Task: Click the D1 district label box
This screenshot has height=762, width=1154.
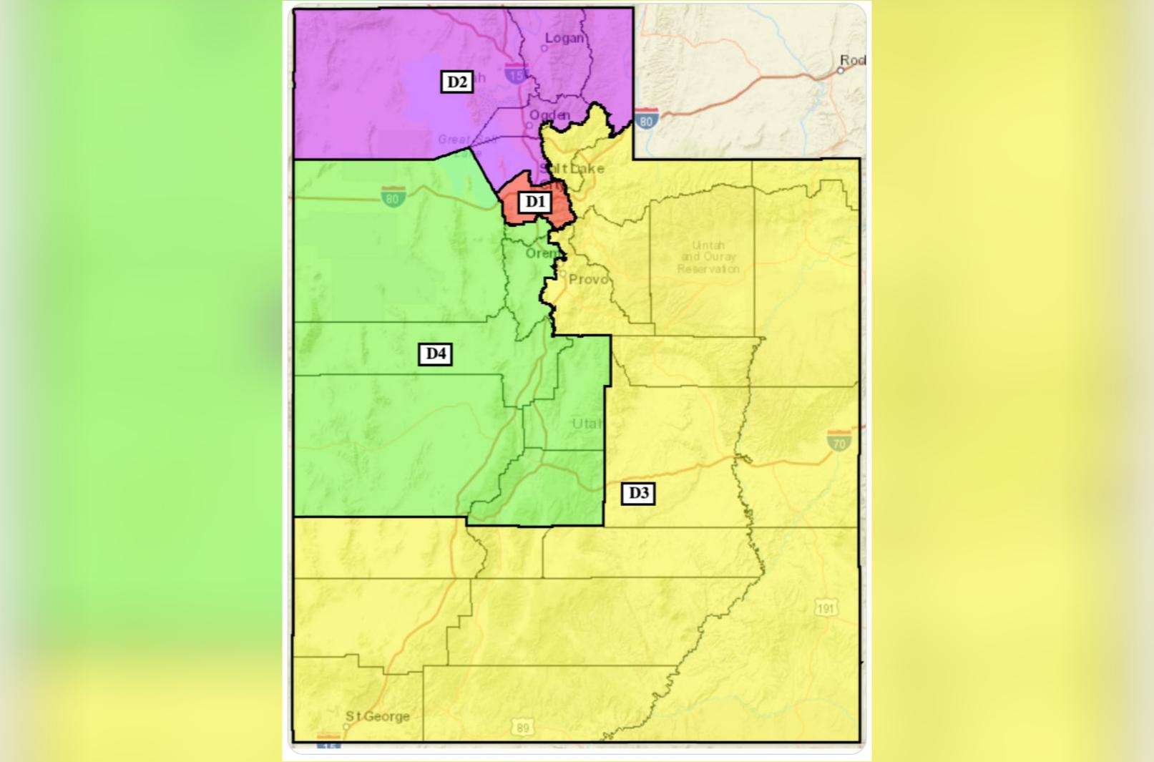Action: [x=535, y=202]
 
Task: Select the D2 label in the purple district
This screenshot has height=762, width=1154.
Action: [x=456, y=82]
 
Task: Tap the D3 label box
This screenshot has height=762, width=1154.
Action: [x=637, y=493]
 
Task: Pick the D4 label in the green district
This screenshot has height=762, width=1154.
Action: [x=435, y=353]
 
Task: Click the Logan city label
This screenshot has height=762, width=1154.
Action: [x=565, y=38]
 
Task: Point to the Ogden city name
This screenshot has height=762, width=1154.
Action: [x=549, y=115]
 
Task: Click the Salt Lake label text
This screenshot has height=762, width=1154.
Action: [x=572, y=168]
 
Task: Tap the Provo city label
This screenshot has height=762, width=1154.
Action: [x=589, y=279]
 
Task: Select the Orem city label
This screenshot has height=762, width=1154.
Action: [x=542, y=253]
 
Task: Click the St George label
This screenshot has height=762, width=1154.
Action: [x=378, y=716]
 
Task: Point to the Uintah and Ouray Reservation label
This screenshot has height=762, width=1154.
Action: [x=708, y=257]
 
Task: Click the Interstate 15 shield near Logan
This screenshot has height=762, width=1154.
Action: [x=515, y=72]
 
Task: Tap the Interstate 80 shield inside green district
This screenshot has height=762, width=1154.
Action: [x=393, y=196]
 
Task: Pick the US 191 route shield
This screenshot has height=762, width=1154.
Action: [x=826, y=608]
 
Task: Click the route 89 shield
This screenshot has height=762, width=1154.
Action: [x=522, y=728]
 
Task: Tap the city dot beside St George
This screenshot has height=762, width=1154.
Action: [x=346, y=726]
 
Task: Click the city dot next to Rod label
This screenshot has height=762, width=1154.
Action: [x=841, y=71]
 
